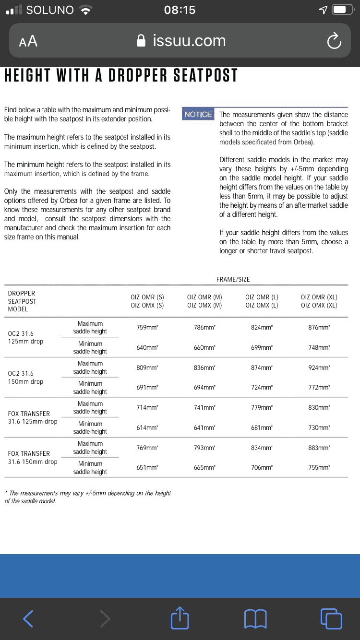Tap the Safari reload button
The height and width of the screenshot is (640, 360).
click(334, 41)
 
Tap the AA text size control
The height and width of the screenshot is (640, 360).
click(28, 41)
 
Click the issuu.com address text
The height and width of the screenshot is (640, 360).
click(189, 41)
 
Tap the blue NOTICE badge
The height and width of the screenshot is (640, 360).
click(198, 114)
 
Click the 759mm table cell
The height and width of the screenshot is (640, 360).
click(147, 328)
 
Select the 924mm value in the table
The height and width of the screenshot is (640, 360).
click(319, 368)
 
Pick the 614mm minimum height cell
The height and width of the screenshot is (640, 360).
click(147, 427)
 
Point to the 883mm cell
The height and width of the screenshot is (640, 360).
click(319, 448)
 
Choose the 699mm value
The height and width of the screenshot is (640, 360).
click(262, 347)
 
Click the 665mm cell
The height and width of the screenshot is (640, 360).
click(204, 467)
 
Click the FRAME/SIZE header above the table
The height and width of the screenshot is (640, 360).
click(233, 279)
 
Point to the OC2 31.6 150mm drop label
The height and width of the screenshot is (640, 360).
click(25, 378)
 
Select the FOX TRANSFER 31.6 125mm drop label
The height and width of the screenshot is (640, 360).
click(32, 417)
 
